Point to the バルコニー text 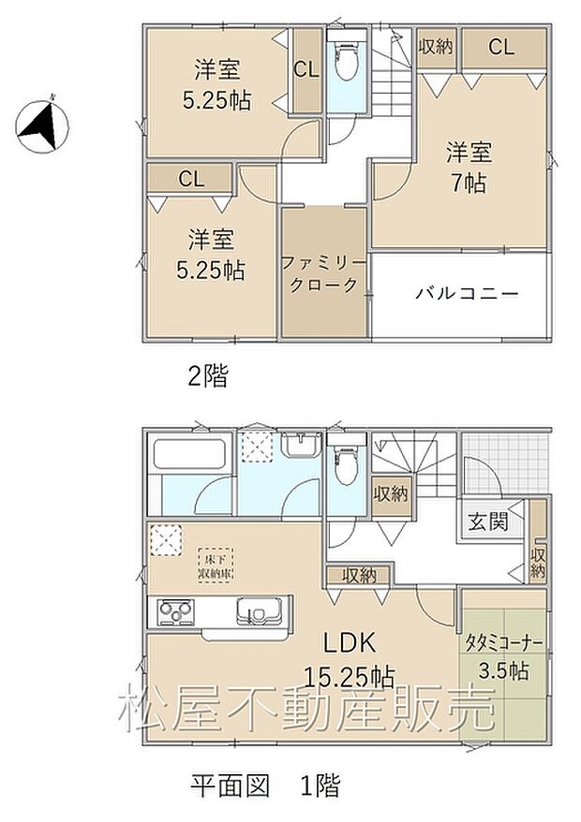467,293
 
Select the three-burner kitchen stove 175,613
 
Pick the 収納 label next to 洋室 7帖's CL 437,46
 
